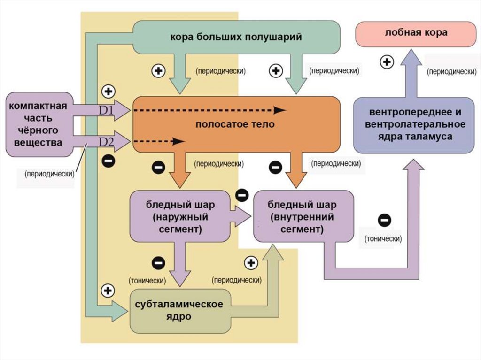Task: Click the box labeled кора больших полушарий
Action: (x=236, y=37)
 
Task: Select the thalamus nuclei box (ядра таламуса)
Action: (x=414, y=124)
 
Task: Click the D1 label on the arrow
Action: (x=106, y=111)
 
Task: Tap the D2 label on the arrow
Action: (x=106, y=141)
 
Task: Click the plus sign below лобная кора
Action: (x=387, y=62)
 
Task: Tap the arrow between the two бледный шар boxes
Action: (x=242, y=215)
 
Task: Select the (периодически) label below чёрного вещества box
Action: (x=50, y=173)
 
